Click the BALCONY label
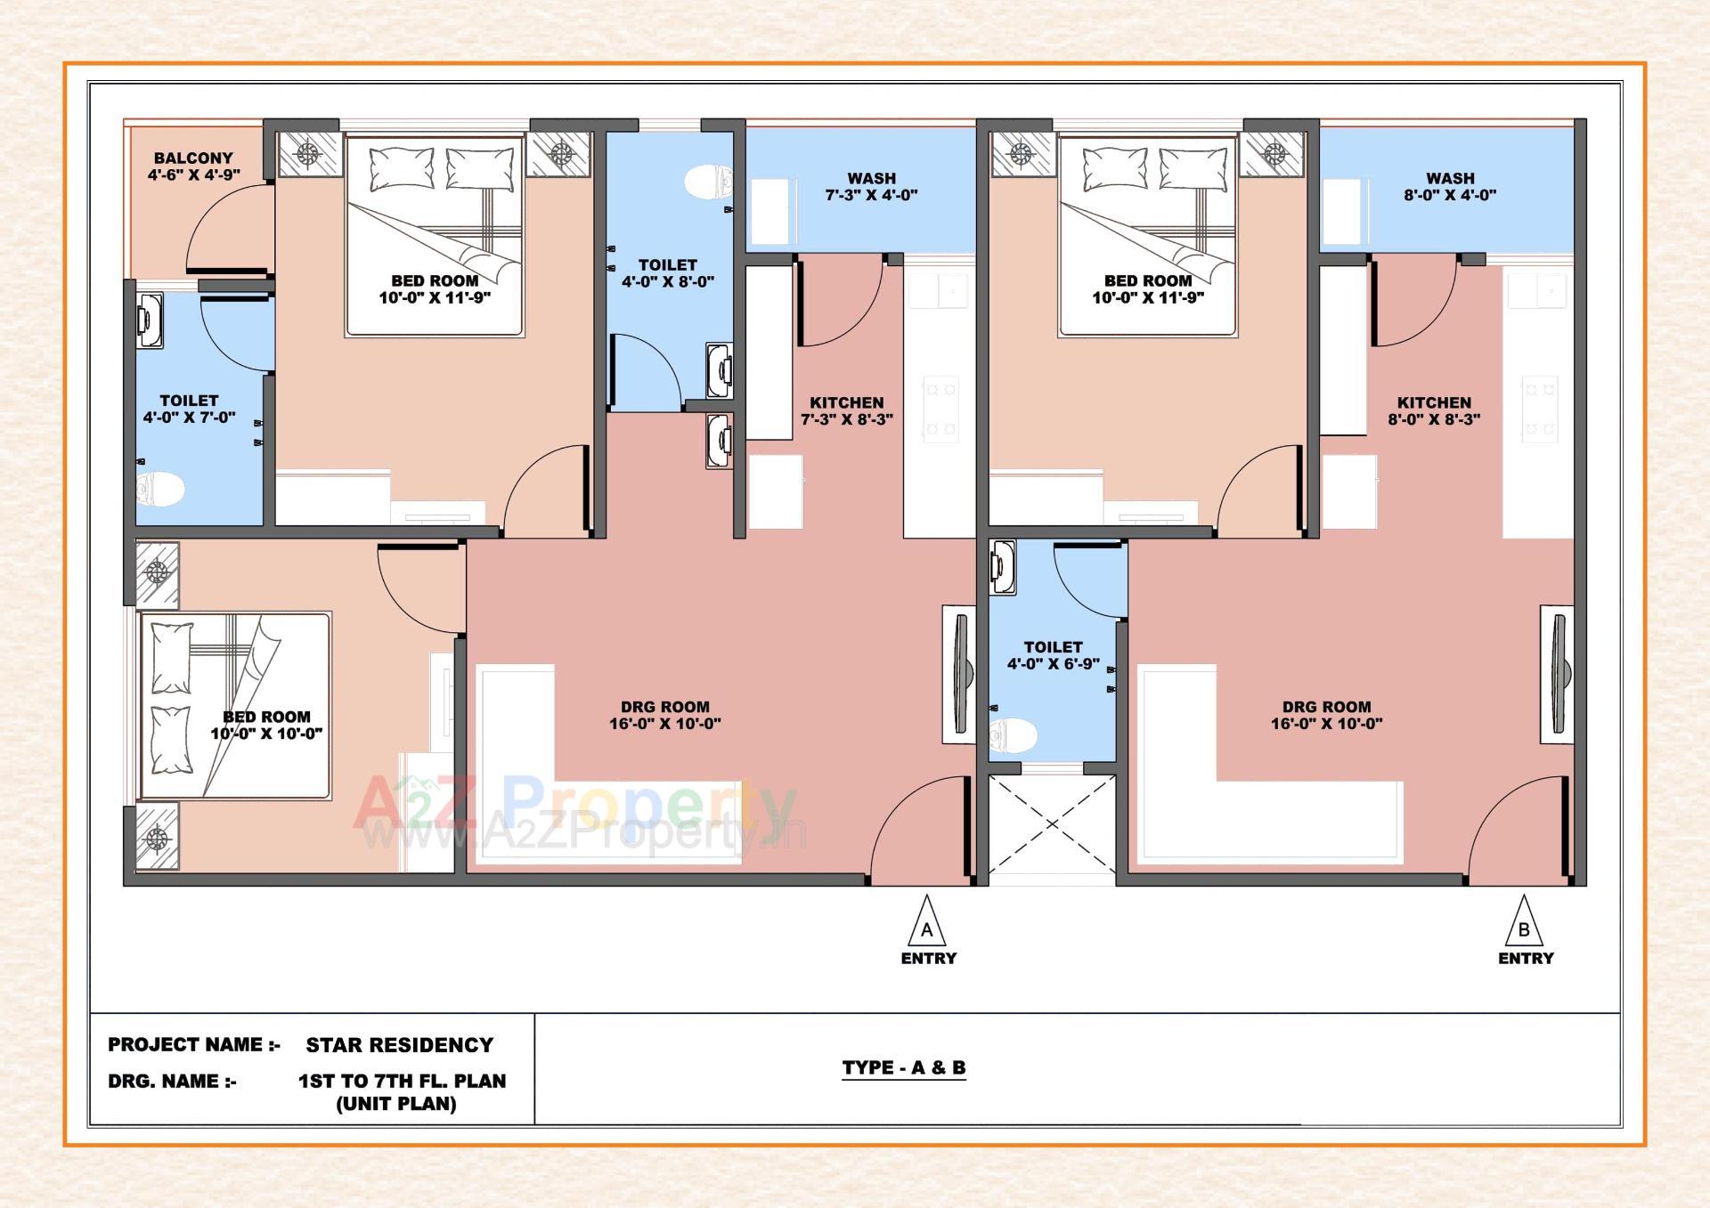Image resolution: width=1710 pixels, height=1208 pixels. (193, 158)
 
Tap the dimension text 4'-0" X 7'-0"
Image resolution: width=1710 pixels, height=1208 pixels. (189, 418)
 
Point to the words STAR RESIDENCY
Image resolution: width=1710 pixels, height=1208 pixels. (399, 1045)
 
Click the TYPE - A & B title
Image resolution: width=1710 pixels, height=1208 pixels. (903, 1067)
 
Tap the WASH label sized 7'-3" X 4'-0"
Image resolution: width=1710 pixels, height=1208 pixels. (871, 179)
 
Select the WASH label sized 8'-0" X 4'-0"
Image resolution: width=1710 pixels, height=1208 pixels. (1450, 179)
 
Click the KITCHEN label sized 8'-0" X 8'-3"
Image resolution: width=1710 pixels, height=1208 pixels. (1434, 403)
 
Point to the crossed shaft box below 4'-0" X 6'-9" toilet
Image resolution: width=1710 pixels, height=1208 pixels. (1052, 824)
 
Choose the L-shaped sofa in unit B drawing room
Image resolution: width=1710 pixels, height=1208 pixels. (1247, 801)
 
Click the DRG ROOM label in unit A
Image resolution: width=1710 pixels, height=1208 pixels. (664, 707)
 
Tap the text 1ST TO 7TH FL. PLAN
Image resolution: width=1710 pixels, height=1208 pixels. (402, 1082)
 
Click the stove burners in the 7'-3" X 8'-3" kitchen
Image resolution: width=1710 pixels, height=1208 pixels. (940, 410)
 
